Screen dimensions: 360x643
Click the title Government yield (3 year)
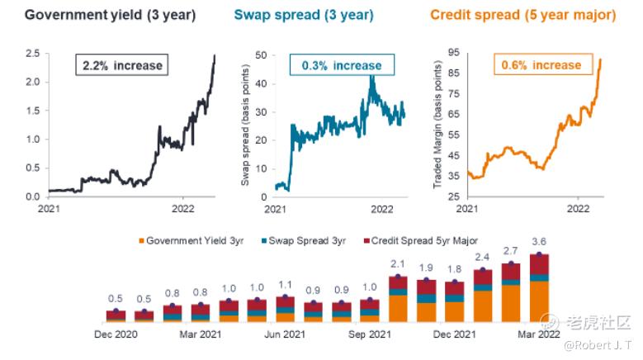pos(111,15)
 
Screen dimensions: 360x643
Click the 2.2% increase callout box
pos(121,65)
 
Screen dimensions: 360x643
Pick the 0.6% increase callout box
pos(541,65)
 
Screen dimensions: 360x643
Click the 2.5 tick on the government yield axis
pos(32,54)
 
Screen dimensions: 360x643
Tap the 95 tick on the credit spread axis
pos(453,53)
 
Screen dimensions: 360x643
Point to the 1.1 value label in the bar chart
pos(285,286)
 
